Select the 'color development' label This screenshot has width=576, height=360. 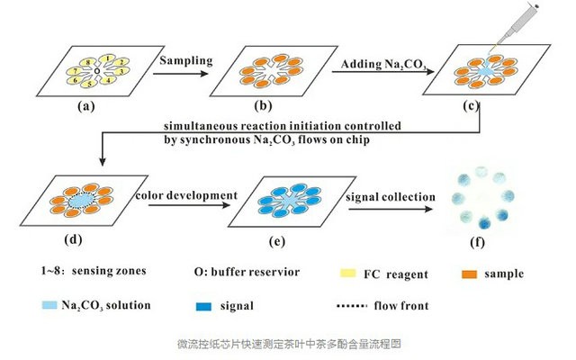[186, 195]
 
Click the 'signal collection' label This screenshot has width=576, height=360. [392, 195]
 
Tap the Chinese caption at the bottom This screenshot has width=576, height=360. [288, 344]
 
